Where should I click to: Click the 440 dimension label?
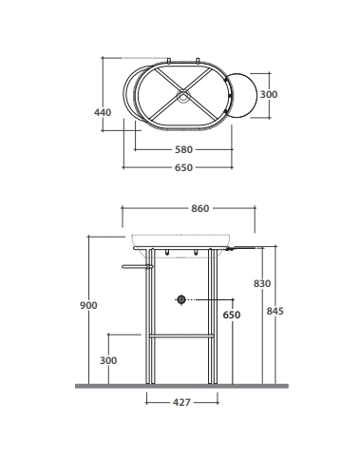coord(103,112)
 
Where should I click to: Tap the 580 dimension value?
coord(183,149)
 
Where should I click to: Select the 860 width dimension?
coord(200,208)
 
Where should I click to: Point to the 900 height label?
coord(88,305)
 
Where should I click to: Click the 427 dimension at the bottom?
coord(181,402)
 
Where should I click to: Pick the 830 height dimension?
coord(262,283)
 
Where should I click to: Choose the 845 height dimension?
coord(275,311)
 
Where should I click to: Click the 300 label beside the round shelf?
coord(269,94)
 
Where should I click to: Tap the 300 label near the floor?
coord(108,360)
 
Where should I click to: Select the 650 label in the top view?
coord(183,167)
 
